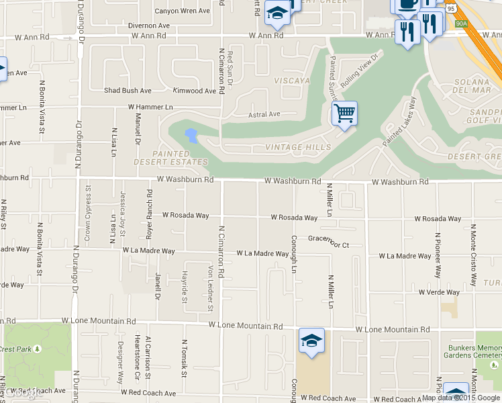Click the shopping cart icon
pyautogui.click(x=344, y=114)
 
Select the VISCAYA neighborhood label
pyautogui.click(x=292, y=81)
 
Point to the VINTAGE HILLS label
pyautogui.click(x=298, y=147)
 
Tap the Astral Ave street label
pyautogui.click(x=264, y=115)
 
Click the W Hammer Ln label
pyautogui.click(x=150, y=107)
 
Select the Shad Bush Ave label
pyautogui.click(x=128, y=91)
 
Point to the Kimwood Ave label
pyautogui.click(x=195, y=91)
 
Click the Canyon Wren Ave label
pyautogui.click(x=181, y=11)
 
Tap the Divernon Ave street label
pyautogui.click(x=148, y=26)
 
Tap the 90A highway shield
pyautogui.click(x=461, y=24)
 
